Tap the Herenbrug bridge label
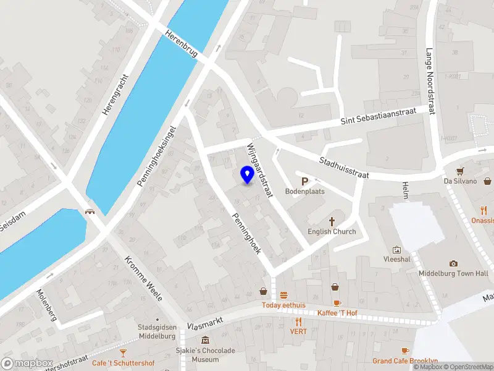click(182, 44)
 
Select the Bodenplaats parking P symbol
click(304, 181)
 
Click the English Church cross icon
click(332, 221)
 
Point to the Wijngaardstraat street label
click(259, 170)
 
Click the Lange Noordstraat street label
click(430, 82)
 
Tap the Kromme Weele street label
click(144, 278)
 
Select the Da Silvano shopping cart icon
click(460, 171)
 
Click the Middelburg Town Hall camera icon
click(454, 263)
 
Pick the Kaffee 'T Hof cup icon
click(337, 302)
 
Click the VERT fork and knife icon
click(299, 321)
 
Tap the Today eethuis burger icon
click(284, 295)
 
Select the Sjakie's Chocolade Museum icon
click(204, 340)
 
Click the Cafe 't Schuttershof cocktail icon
click(123, 352)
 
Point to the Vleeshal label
click(396, 259)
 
